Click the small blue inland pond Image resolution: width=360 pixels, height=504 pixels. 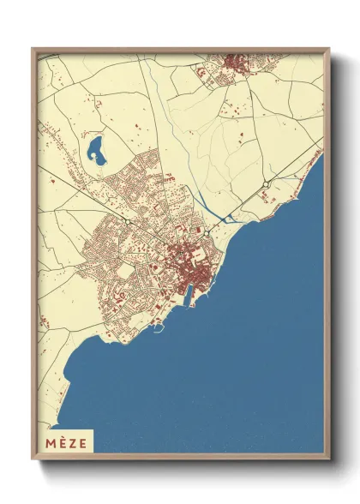click(x=96, y=151)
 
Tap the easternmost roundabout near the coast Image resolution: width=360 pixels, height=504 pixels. click(x=267, y=184)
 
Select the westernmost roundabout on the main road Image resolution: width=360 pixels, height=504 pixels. click(x=128, y=221)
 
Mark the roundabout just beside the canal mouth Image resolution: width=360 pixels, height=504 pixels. click(x=207, y=232)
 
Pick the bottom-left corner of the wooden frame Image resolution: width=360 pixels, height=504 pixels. click(x=33, y=457)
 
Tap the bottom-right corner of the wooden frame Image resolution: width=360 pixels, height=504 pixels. click(x=329, y=457)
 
